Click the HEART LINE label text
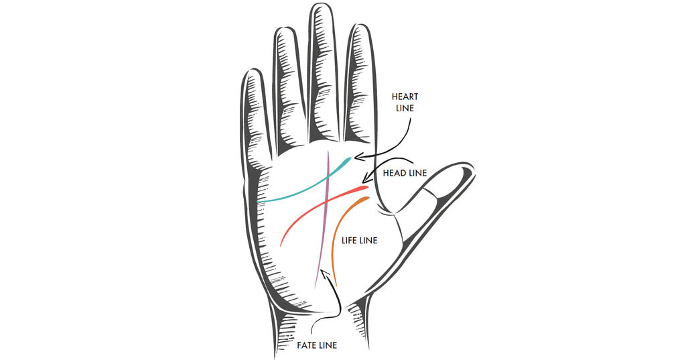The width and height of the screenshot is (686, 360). [405, 102]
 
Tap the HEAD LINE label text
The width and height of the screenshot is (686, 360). [404, 173]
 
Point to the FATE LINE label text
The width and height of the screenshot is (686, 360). [316, 345]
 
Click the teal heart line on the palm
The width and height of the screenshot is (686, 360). [295, 189]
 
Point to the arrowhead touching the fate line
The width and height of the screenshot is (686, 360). [324, 272]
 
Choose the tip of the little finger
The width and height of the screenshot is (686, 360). [251, 72]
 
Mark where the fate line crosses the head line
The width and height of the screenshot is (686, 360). [325, 200]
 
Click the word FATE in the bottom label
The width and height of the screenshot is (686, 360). [307, 345]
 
